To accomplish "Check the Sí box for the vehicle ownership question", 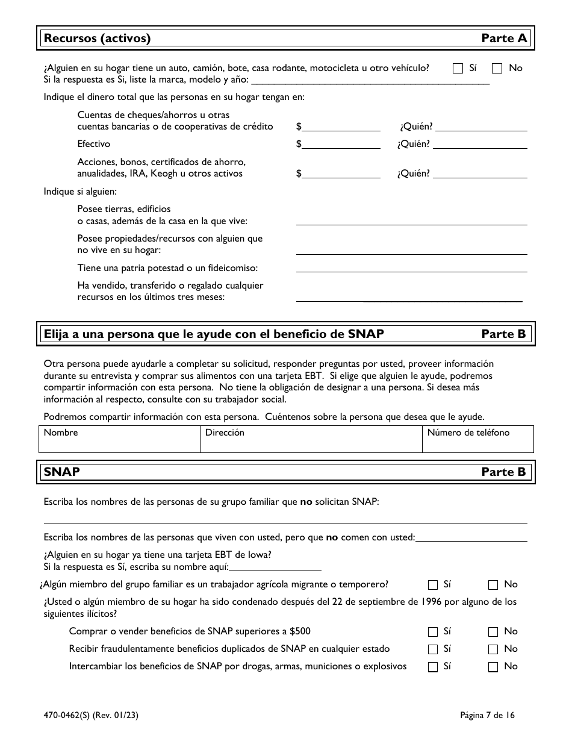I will (458, 68).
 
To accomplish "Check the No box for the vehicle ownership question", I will (497, 68).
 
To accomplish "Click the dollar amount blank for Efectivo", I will (341, 143).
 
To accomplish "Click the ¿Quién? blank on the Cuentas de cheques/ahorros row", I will (482, 126).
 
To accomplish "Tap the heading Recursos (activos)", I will (97, 39).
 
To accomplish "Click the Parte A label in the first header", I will (504, 39).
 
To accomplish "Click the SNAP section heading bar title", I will (62, 472).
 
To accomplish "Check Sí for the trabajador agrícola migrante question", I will (433, 584).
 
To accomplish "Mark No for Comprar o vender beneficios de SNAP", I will (493, 632).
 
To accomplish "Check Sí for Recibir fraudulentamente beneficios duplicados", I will (433, 649).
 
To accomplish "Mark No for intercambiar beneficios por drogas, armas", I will (493, 667).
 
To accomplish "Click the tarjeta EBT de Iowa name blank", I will (276, 566).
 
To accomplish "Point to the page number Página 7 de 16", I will (487, 716).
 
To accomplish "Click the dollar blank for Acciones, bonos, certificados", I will (341, 173).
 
